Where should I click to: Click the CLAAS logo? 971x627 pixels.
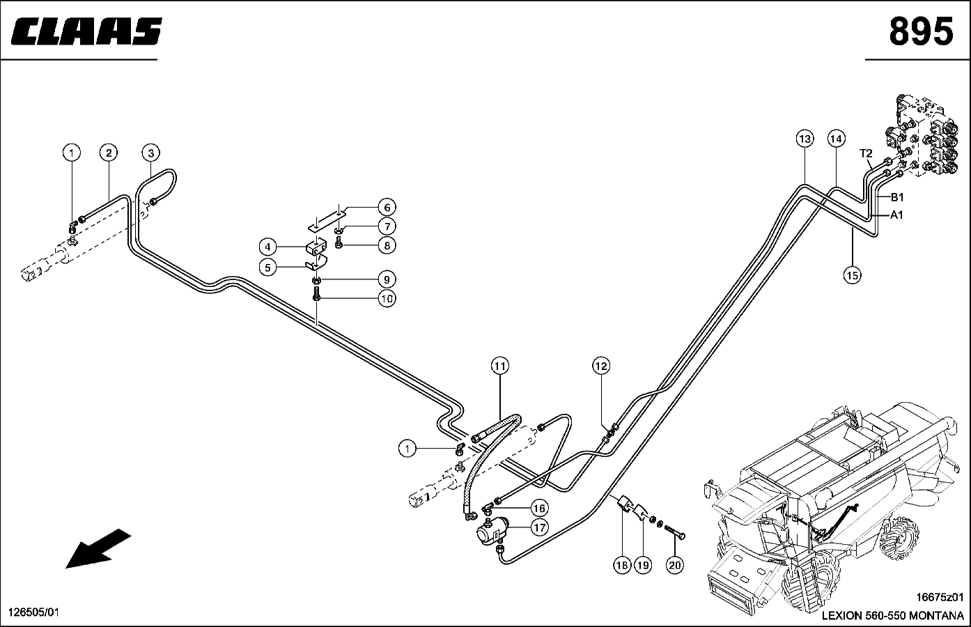(86, 31)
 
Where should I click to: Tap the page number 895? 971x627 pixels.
(921, 31)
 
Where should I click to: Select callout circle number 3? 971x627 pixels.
(151, 153)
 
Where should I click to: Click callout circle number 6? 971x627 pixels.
(387, 208)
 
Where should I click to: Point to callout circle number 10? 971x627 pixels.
(387, 298)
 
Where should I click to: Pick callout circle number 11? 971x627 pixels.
(500, 366)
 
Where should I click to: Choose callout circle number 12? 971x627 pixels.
(601, 366)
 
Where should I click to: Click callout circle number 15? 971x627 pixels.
(852, 275)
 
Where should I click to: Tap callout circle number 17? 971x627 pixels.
(539, 527)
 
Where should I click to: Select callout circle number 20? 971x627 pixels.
(675, 565)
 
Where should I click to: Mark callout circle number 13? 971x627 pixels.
(805, 139)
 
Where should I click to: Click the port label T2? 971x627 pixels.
(866, 153)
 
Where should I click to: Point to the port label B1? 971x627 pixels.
(897, 197)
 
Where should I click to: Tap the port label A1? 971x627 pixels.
(897, 215)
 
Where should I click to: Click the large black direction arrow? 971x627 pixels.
(98, 548)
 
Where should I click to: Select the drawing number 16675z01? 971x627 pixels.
(940, 597)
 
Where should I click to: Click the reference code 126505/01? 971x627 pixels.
(33, 612)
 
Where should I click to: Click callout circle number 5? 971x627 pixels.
(267, 268)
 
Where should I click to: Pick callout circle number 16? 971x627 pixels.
(539, 508)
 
